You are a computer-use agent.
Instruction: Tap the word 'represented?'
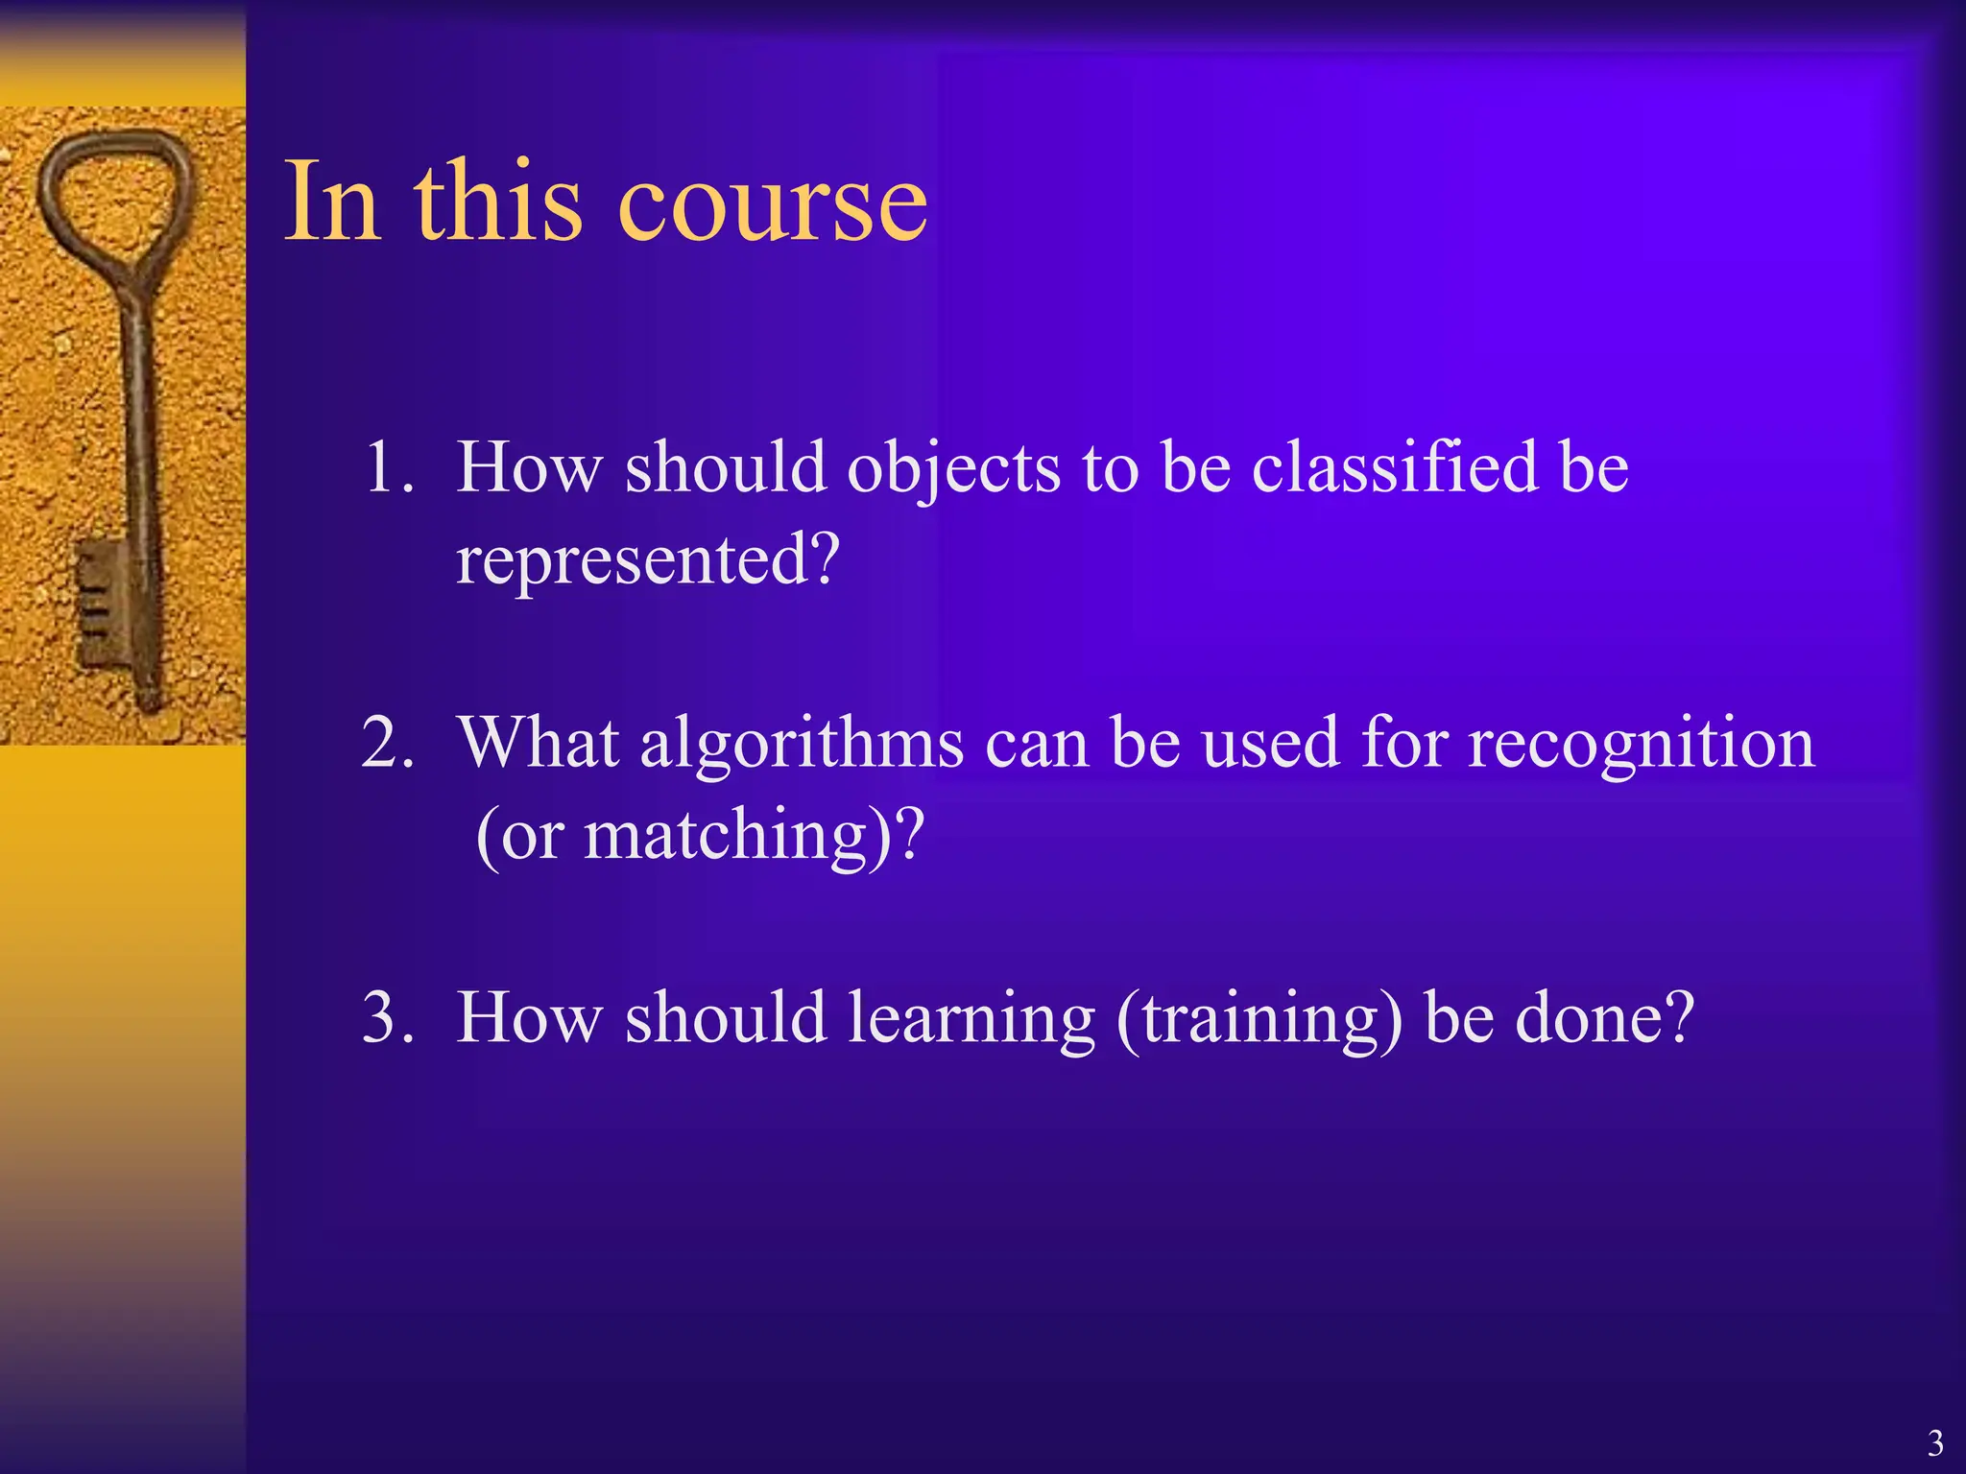tap(648, 559)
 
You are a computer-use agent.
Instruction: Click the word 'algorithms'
tap(802, 745)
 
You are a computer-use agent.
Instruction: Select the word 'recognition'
tap(1642, 745)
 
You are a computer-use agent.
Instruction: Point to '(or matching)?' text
tap(700, 835)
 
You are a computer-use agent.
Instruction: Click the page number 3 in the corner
tap(1935, 1443)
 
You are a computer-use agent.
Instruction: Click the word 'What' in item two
tap(538, 744)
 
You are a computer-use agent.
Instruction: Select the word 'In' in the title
tap(331, 202)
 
